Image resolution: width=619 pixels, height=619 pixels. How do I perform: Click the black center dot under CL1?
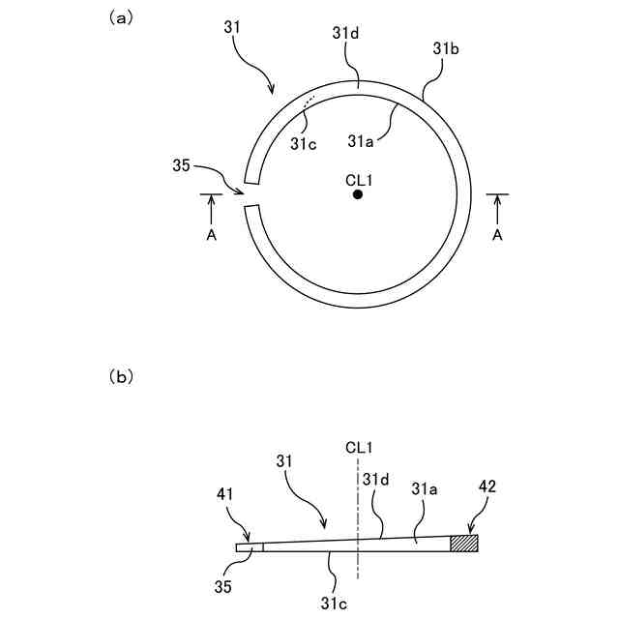358,194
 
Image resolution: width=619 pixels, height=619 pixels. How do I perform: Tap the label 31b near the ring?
445,46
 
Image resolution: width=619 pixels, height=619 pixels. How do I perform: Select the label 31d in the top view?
345,33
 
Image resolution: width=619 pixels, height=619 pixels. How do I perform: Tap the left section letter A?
212,234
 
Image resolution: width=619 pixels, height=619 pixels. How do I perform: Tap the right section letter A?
498,234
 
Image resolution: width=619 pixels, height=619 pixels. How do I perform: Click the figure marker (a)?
122,17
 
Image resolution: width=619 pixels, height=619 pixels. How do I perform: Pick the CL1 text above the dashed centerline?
358,447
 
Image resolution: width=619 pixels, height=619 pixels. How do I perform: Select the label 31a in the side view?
426,489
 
